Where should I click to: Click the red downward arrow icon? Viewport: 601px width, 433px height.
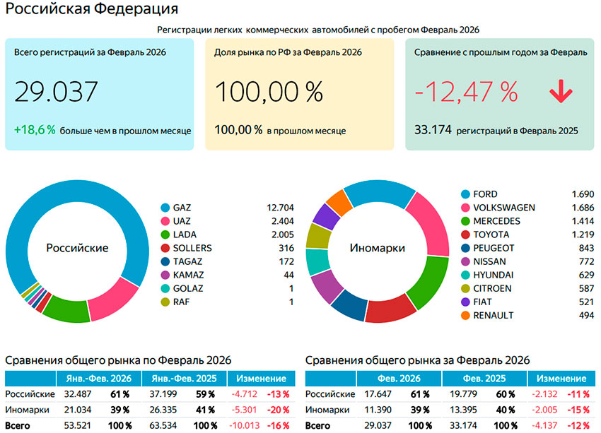561,93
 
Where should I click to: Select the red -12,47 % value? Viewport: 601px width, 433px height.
466,92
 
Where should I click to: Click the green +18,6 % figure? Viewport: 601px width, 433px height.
35,130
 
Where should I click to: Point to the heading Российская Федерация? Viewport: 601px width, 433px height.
92,10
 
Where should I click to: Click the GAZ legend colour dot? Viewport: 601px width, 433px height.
165,208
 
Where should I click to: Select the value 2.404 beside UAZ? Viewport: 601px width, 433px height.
280,221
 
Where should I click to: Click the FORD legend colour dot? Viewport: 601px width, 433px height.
465,194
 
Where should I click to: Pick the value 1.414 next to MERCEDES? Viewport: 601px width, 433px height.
580,221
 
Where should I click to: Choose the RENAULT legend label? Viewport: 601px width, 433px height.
494,315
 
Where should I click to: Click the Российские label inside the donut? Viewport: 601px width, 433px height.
77,248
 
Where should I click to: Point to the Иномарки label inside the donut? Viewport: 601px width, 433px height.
378,248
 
